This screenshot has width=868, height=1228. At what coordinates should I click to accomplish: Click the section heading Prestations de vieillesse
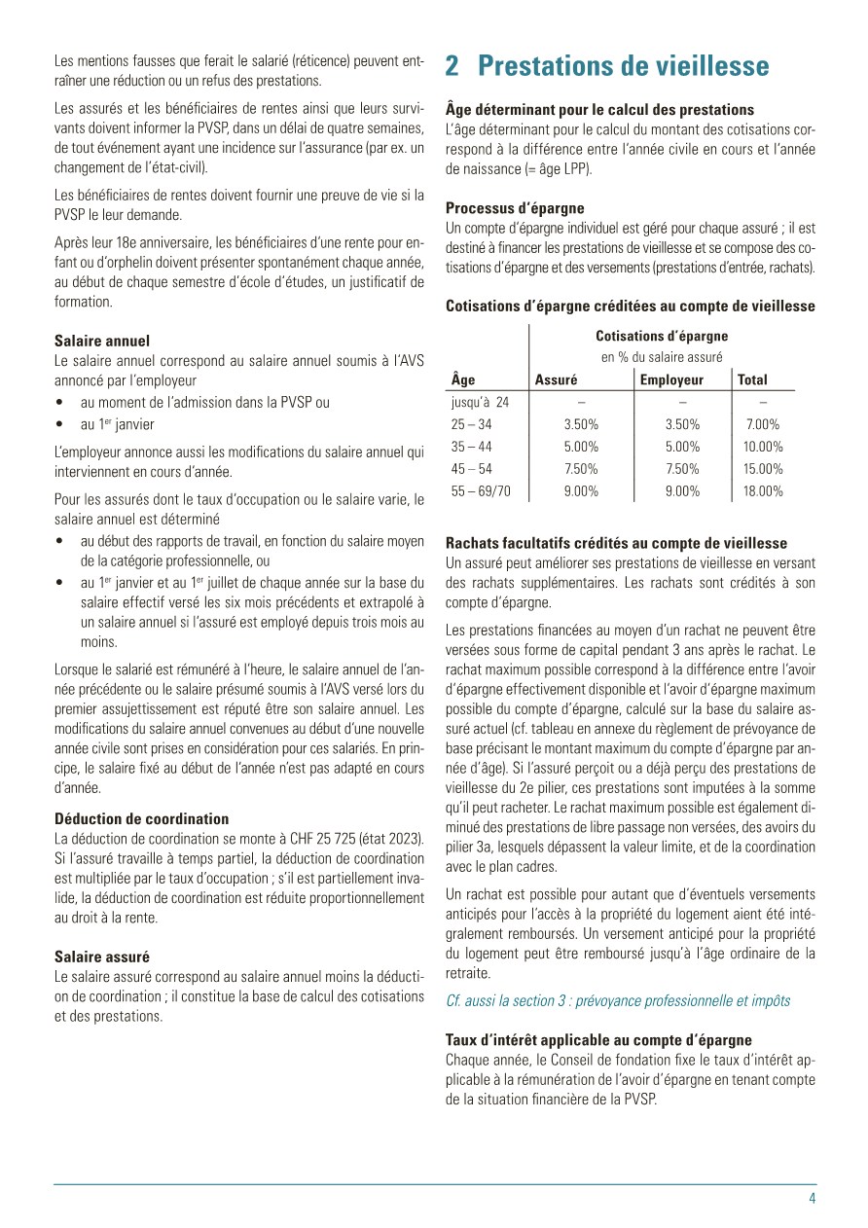(x=607, y=66)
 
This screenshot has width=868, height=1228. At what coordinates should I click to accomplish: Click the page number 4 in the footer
(x=812, y=1199)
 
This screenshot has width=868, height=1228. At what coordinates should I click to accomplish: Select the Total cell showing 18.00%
(x=763, y=491)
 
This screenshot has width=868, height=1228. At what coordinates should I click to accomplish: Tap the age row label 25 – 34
(x=472, y=424)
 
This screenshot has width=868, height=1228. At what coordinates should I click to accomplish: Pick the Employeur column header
(x=671, y=379)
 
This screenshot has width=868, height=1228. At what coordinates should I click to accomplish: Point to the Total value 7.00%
(x=763, y=424)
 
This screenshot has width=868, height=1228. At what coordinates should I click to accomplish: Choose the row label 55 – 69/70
(x=481, y=491)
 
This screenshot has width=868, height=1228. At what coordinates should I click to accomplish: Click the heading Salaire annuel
(x=102, y=341)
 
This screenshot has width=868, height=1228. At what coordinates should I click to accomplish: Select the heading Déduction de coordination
(x=142, y=818)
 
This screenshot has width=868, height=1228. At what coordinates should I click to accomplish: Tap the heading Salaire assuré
(x=102, y=957)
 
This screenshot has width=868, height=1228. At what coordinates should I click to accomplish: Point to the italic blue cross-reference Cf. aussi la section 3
(x=618, y=1000)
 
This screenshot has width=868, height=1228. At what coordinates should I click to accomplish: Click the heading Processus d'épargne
(x=515, y=207)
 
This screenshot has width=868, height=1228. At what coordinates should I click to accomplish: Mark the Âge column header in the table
(x=463, y=379)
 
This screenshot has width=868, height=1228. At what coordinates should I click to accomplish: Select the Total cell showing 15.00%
(x=763, y=469)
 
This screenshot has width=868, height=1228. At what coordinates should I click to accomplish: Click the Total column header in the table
(x=752, y=379)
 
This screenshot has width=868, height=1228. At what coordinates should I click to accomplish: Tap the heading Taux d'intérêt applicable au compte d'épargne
(x=598, y=1040)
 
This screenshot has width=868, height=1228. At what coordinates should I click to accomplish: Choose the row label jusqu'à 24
(x=481, y=402)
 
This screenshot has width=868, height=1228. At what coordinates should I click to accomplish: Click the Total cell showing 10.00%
(x=763, y=447)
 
